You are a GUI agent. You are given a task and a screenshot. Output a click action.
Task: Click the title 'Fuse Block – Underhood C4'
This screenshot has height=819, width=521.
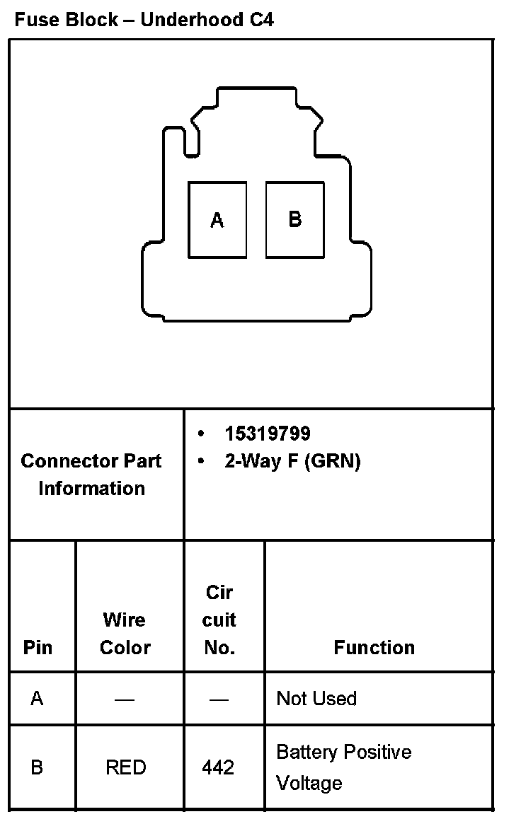144,19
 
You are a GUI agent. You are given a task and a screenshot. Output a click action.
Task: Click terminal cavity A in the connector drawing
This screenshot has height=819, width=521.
217,220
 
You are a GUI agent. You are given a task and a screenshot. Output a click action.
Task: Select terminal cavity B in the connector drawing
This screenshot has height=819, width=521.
295,220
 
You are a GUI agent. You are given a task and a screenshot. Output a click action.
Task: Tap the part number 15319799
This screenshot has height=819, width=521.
268,434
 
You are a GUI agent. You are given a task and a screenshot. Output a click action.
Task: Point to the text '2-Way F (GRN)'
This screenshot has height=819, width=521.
292,461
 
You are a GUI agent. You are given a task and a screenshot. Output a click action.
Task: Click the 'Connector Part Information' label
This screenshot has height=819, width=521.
91,475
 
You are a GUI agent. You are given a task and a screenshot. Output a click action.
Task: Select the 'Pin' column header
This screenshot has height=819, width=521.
38,647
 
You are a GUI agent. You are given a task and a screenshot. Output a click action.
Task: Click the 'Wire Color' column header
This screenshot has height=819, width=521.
125,634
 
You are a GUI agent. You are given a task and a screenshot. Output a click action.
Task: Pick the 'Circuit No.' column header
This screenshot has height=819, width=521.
219,620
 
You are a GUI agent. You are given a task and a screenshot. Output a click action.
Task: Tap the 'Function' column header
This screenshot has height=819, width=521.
374,647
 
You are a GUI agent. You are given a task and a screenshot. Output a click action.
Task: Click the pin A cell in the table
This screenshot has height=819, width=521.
37,699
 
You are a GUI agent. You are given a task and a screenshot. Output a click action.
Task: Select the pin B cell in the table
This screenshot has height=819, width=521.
37,767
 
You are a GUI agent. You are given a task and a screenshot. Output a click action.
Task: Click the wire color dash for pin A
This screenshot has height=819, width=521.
125,699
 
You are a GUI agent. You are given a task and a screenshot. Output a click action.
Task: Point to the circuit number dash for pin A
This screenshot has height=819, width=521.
219,699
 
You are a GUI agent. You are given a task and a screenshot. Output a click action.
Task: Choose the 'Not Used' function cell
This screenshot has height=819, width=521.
316,699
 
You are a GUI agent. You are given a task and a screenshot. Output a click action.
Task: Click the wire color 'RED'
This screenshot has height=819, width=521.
126,767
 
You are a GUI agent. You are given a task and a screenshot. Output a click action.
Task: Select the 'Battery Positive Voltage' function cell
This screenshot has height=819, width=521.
344,767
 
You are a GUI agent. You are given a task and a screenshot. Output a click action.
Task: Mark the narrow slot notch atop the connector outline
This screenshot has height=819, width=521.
191,141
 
